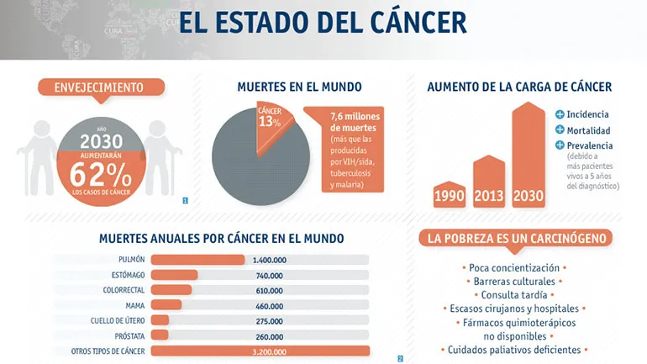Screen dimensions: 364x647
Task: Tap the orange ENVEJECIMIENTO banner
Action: point(98,87)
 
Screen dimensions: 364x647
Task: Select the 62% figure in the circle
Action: point(100,174)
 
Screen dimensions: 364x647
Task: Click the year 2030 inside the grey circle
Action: point(101,141)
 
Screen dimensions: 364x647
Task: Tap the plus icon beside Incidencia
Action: point(560,114)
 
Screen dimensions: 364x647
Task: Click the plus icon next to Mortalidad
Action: point(560,130)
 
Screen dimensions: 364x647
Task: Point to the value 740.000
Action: point(269,275)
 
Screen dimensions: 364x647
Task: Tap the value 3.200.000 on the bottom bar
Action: point(269,351)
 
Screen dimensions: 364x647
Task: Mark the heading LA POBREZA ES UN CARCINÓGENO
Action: point(516,239)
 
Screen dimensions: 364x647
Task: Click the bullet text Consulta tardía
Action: point(513,295)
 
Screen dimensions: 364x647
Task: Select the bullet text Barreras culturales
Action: point(513,281)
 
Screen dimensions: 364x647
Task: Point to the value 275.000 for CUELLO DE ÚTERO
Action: point(269,320)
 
